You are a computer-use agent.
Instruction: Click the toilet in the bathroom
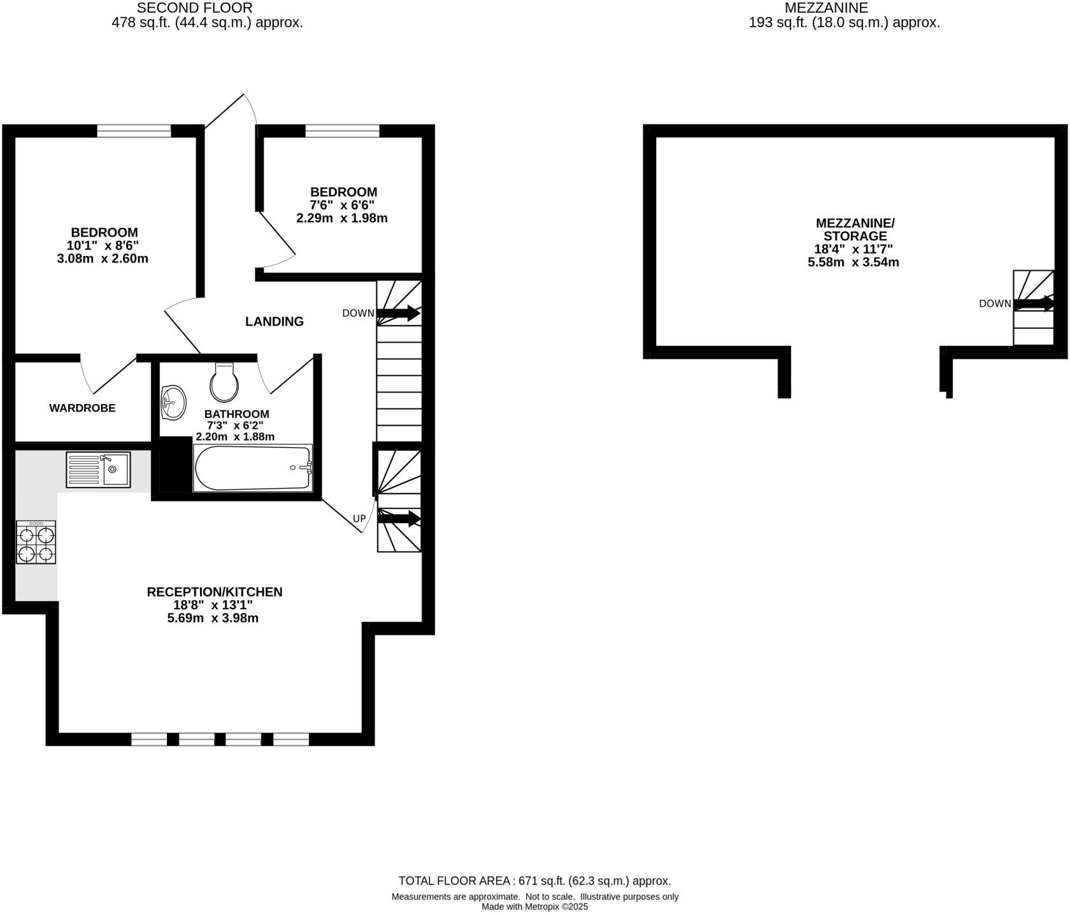pyautogui.click(x=224, y=383)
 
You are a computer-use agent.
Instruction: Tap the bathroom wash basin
pyautogui.click(x=173, y=402)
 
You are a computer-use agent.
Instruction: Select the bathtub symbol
pyautogui.click(x=253, y=468)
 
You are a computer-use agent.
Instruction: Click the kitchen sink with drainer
pyautogui.click(x=98, y=470)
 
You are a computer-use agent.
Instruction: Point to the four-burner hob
pyautogui.click(x=36, y=542)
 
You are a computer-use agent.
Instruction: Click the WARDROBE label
pyautogui.click(x=82, y=408)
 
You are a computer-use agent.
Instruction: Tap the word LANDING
pyautogui.click(x=275, y=322)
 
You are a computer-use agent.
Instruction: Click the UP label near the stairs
pyautogui.click(x=359, y=519)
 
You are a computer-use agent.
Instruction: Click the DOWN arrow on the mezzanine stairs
pyautogui.click(x=1034, y=304)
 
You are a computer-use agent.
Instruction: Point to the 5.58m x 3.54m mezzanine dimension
pyautogui.click(x=853, y=262)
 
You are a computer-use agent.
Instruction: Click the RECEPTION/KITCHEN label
pyautogui.click(x=215, y=592)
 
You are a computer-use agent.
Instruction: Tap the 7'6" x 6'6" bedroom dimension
pyautogui.click(x=342, y=205)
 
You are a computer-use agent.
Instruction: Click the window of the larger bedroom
pyautogui.click(x=134, y=131)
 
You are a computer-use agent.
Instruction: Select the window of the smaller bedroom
pyautogui.click(x=342, y=131)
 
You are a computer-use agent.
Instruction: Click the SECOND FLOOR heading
pyautogui.click(x=194, y=8)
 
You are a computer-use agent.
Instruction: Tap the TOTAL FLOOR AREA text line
pyautogui.click(x=534, y=881)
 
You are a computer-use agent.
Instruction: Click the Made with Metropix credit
pyautogui.click(x=534, y=907)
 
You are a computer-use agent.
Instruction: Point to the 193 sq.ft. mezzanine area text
pyautogui.click(x=844, y=23)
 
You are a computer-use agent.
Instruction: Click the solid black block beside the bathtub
pyautogui.click(x=175, y=464)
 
